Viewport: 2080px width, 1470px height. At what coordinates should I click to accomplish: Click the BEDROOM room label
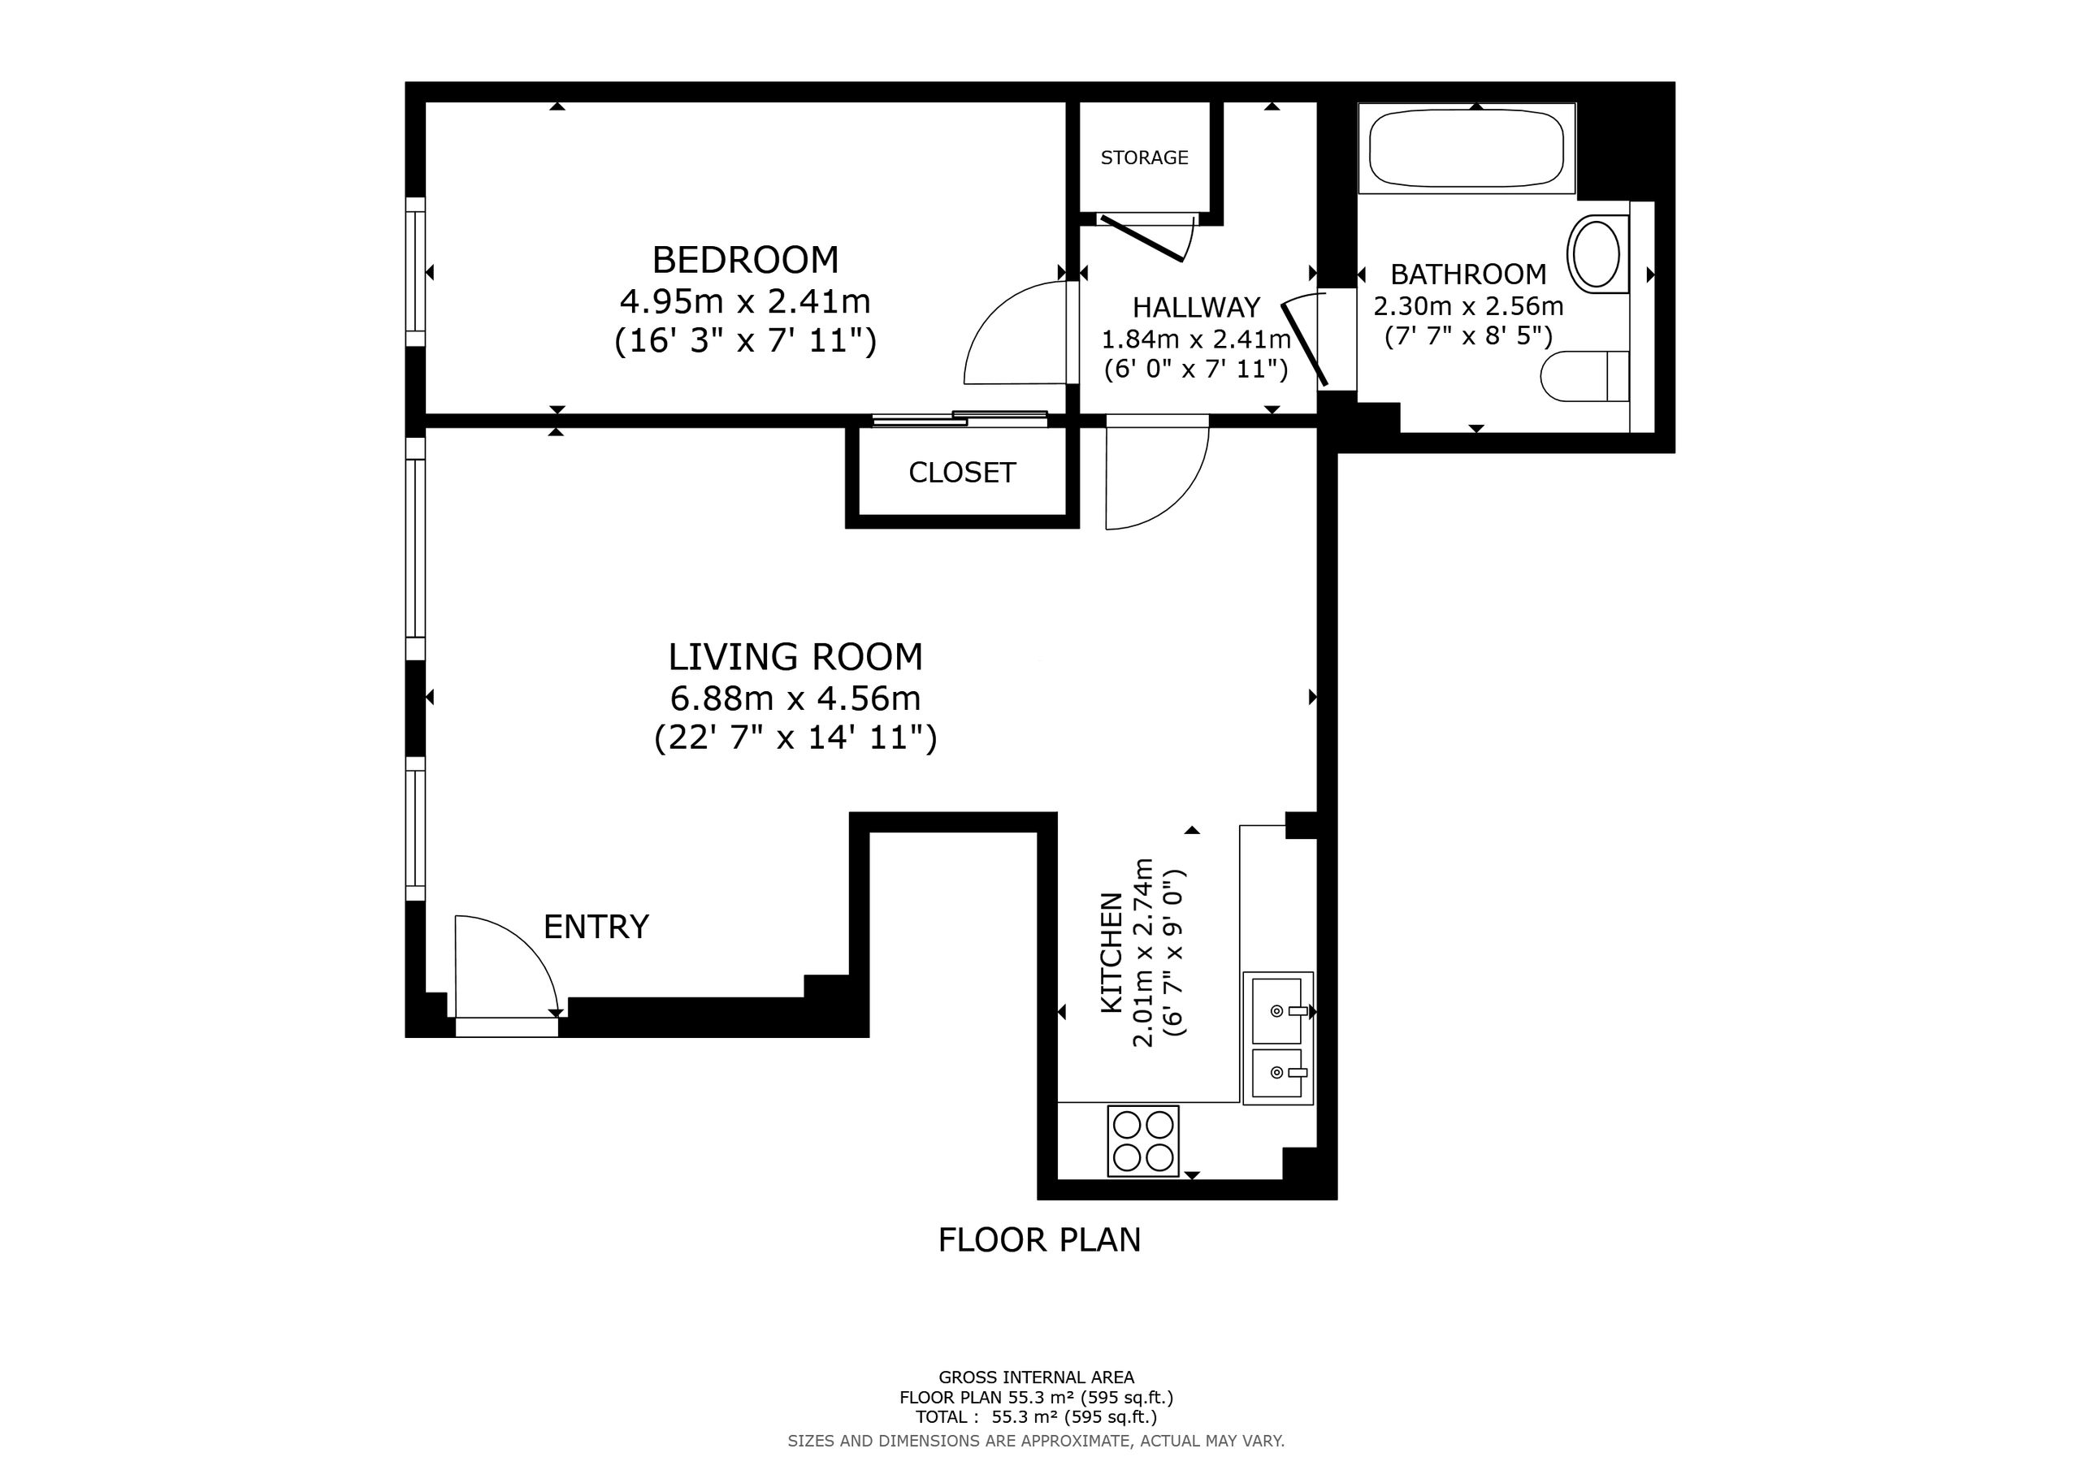(x=745, y=260)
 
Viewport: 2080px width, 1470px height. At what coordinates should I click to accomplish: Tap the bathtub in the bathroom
(x=1467, y=148)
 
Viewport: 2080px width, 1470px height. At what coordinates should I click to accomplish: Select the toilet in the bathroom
(x=1585, y=376)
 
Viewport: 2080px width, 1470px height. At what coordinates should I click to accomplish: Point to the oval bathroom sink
(x=1597, y=253)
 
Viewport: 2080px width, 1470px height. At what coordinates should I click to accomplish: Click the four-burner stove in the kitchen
(x=1143, y=1140)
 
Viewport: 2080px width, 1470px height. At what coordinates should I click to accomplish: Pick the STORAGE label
(x=1144, y=158)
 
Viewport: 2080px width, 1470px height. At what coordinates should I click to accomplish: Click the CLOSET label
(x=962, y=472)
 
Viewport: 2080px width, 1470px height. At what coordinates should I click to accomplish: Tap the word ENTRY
(x=596, y=927)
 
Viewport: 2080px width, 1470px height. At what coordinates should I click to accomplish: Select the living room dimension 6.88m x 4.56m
(x=795, y=698)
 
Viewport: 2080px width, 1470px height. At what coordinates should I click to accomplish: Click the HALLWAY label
(x=1196, y=307)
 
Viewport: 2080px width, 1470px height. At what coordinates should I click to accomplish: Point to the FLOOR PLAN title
(x=1039, y=1239)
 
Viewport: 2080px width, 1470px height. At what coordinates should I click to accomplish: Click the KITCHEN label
(x=1111, y=953)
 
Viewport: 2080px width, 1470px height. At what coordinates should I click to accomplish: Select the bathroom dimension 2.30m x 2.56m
(x=1468, y=306)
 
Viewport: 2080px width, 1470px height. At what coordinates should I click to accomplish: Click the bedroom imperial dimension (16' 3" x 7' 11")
(x=745, y=341)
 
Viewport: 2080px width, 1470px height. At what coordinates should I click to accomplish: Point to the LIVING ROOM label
(x=795, y=657)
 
